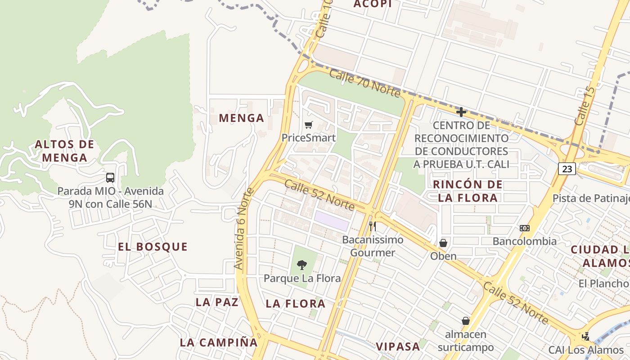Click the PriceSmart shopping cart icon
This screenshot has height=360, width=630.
[x=308, y=125]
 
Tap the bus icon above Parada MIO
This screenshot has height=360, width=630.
[x=110, y=178]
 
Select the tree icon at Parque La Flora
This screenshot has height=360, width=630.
[x=302, y=265]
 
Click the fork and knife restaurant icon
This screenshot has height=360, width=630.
[x=372, y=226]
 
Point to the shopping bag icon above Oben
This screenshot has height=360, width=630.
[x=443, y=243]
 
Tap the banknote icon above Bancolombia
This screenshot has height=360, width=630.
[x=524, y=228]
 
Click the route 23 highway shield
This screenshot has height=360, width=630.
[x=567, y=169]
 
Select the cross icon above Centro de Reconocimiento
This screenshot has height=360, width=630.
[x=461, y=112]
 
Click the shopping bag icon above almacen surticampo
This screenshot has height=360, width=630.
[x=466, y=321]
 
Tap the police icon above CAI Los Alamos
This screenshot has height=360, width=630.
[x=585, y=336]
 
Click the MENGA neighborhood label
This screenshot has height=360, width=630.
[x=241, y=118]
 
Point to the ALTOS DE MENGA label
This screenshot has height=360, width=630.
[x=64, y=151]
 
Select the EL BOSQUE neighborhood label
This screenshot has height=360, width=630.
[x=153, y=247]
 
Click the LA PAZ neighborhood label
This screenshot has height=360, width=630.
[x=217, y=302]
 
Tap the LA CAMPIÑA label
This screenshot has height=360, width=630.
[x=219, y=342]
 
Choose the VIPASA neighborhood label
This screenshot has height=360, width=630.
[x=398, y=346]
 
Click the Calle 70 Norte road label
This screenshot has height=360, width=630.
[x=364, y=83]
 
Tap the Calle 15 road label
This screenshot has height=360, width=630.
[x=585, y=106]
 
